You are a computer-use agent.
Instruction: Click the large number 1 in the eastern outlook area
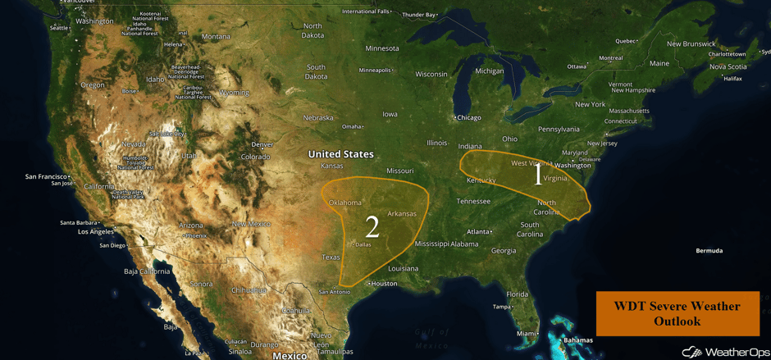point(538,174)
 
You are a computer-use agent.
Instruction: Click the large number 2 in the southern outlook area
point(372,226)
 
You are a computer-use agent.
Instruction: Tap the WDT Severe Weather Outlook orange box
point(677,313)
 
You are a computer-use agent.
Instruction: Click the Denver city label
point(262,144)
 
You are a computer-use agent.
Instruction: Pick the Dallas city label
point(362,244)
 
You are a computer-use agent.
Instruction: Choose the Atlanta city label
point(478,232)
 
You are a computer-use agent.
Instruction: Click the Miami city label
point(527,334)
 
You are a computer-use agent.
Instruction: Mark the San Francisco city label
point(46,176)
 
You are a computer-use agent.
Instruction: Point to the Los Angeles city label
point(96,232)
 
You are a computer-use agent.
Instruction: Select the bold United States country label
point(340,154)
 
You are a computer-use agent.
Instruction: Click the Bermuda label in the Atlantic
point(709,251)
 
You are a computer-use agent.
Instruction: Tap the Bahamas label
point(577,340)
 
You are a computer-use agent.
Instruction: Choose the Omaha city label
point(352,126)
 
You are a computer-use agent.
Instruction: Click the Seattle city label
point(58,28)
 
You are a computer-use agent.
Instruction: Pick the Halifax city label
point(732,79)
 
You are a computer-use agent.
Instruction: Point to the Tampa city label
point(501,307)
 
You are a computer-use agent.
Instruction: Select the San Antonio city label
point(335,292)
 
